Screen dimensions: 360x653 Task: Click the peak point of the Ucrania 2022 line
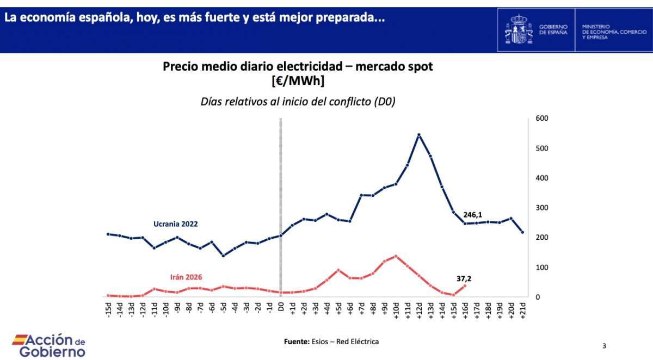coord(418,134)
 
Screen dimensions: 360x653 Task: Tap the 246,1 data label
coord(473,215)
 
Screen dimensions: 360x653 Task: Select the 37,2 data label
coord(464,278)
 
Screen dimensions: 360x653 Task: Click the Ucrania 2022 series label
coord(175,224)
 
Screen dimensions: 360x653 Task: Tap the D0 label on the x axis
coord(281,308)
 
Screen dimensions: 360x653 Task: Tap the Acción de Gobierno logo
coord(49,346)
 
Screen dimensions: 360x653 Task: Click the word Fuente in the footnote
coord(296,342)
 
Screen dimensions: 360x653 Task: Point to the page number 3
coord(605,346)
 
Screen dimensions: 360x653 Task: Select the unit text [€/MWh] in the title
coord(298,81)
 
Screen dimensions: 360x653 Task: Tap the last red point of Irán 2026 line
coord(465,286)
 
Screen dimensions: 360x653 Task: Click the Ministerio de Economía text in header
coord(609,30)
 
